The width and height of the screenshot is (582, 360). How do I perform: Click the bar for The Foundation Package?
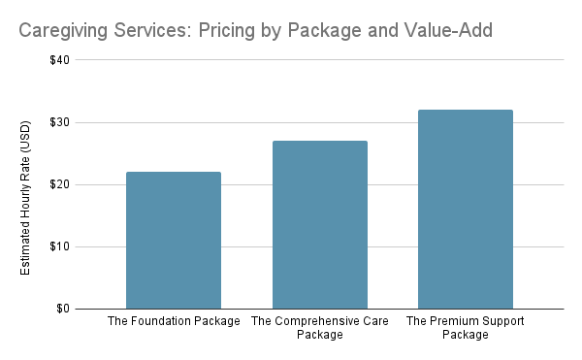pos(174,241)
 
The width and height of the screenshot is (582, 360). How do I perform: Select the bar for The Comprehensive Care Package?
pos(319,225)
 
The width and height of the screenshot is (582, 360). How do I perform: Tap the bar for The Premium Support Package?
pos(465,210)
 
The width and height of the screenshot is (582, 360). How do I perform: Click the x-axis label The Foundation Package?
pos(174,321)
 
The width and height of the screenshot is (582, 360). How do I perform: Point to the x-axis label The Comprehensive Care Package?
pos(319,328)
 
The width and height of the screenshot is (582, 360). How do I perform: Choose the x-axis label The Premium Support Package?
pos(465,328)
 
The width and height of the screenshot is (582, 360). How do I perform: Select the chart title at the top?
pos(254,31)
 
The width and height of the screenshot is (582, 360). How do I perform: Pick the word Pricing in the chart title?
pos(230,31)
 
